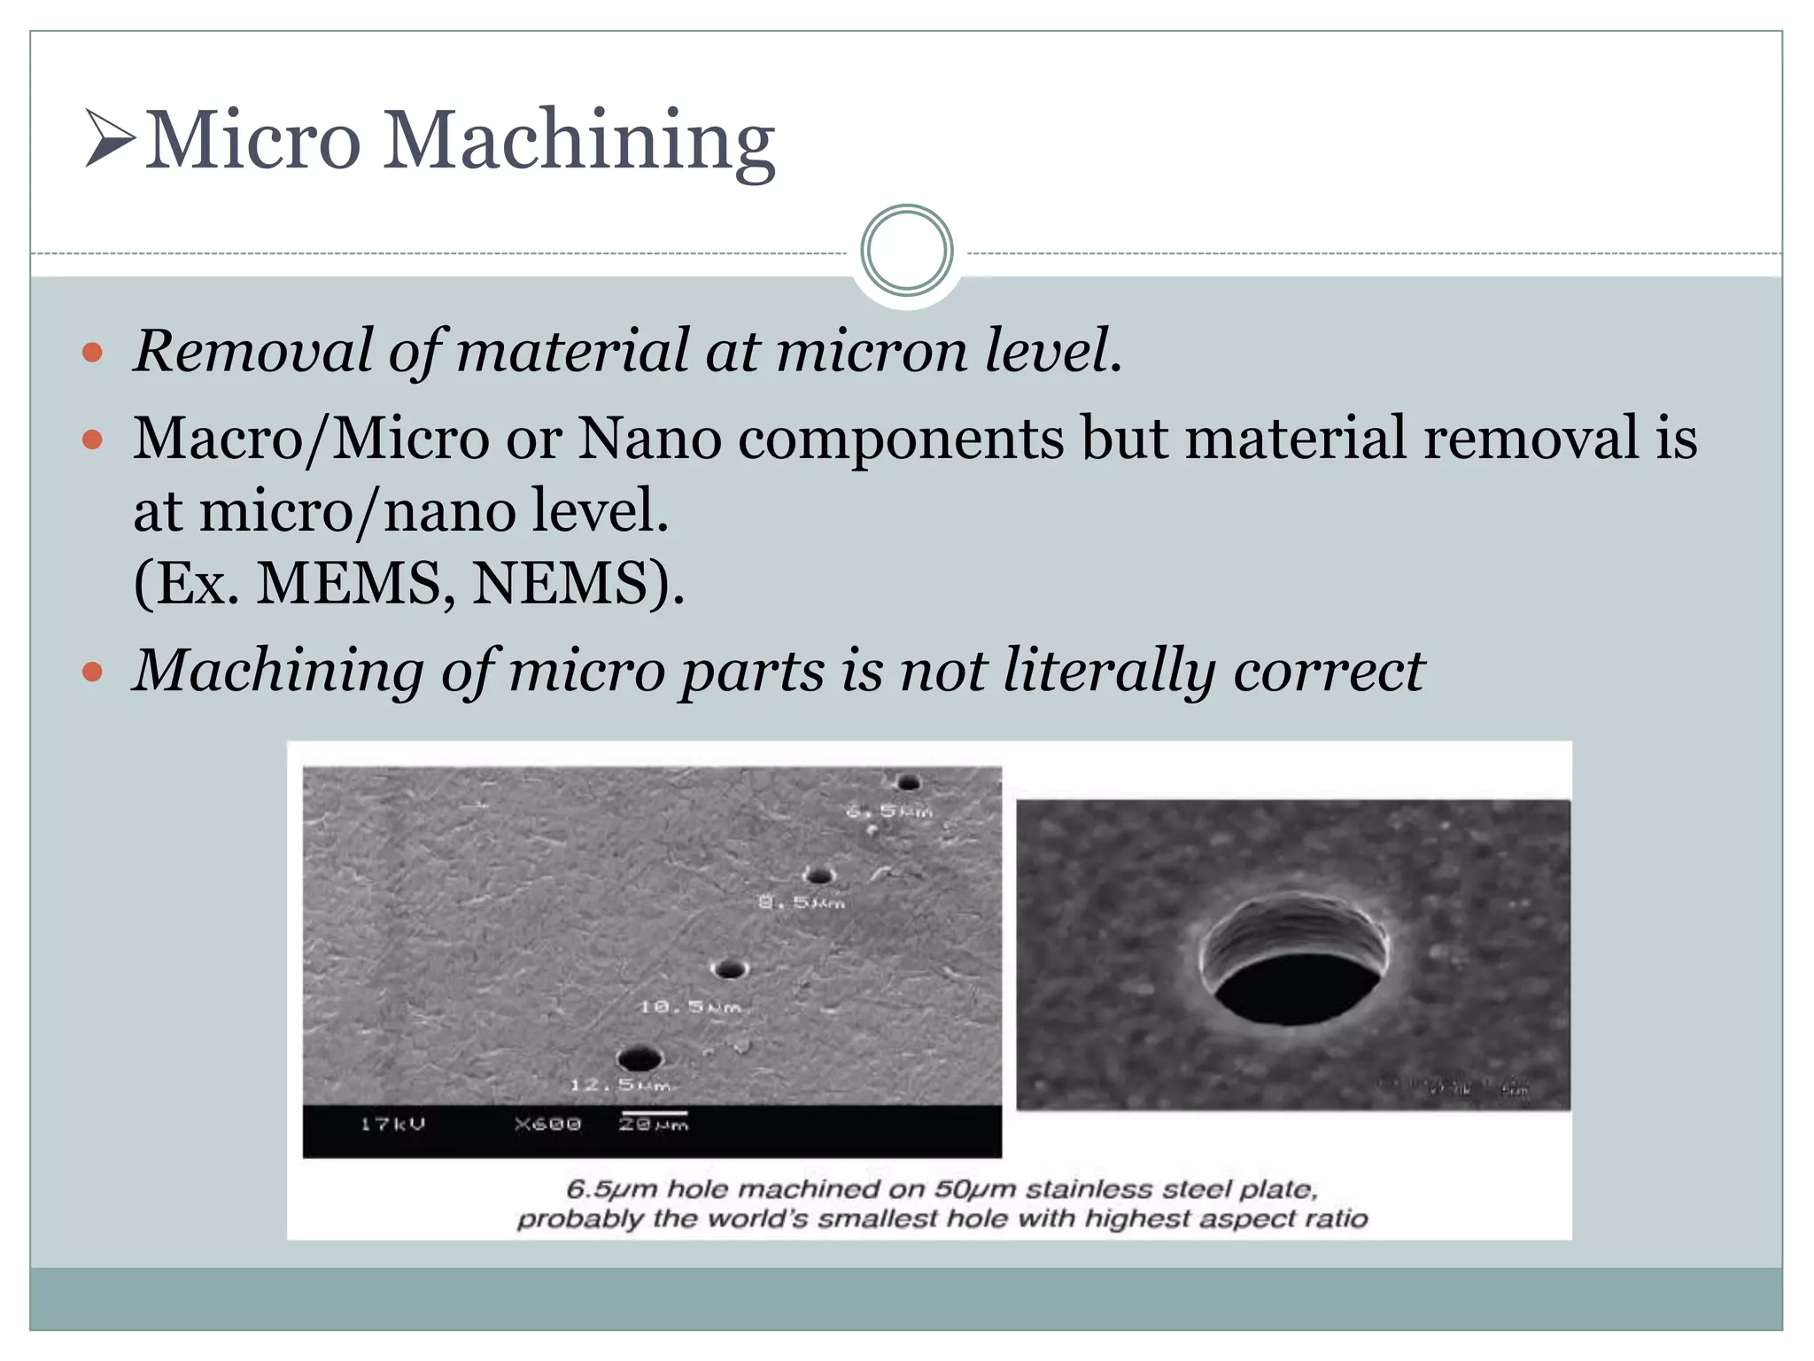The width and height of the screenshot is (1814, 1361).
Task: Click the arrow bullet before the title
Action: pos(110,137)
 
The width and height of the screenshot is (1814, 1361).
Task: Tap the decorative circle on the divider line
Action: pos(906,251)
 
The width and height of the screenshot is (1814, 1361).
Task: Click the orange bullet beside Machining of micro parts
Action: pos(92,672)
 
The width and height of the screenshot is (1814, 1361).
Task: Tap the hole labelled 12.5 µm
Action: pos(639,1059)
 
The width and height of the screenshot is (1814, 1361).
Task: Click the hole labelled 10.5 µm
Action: pos(730,969)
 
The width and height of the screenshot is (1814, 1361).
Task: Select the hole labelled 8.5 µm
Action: pos(820,876)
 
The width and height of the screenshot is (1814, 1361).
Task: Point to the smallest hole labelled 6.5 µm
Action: pos(908,782)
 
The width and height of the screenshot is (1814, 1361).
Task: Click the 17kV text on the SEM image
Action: pos(392,1124)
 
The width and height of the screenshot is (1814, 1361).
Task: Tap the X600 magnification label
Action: pos(547,1124)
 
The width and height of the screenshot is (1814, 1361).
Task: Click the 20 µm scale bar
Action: pos(654,1113)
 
